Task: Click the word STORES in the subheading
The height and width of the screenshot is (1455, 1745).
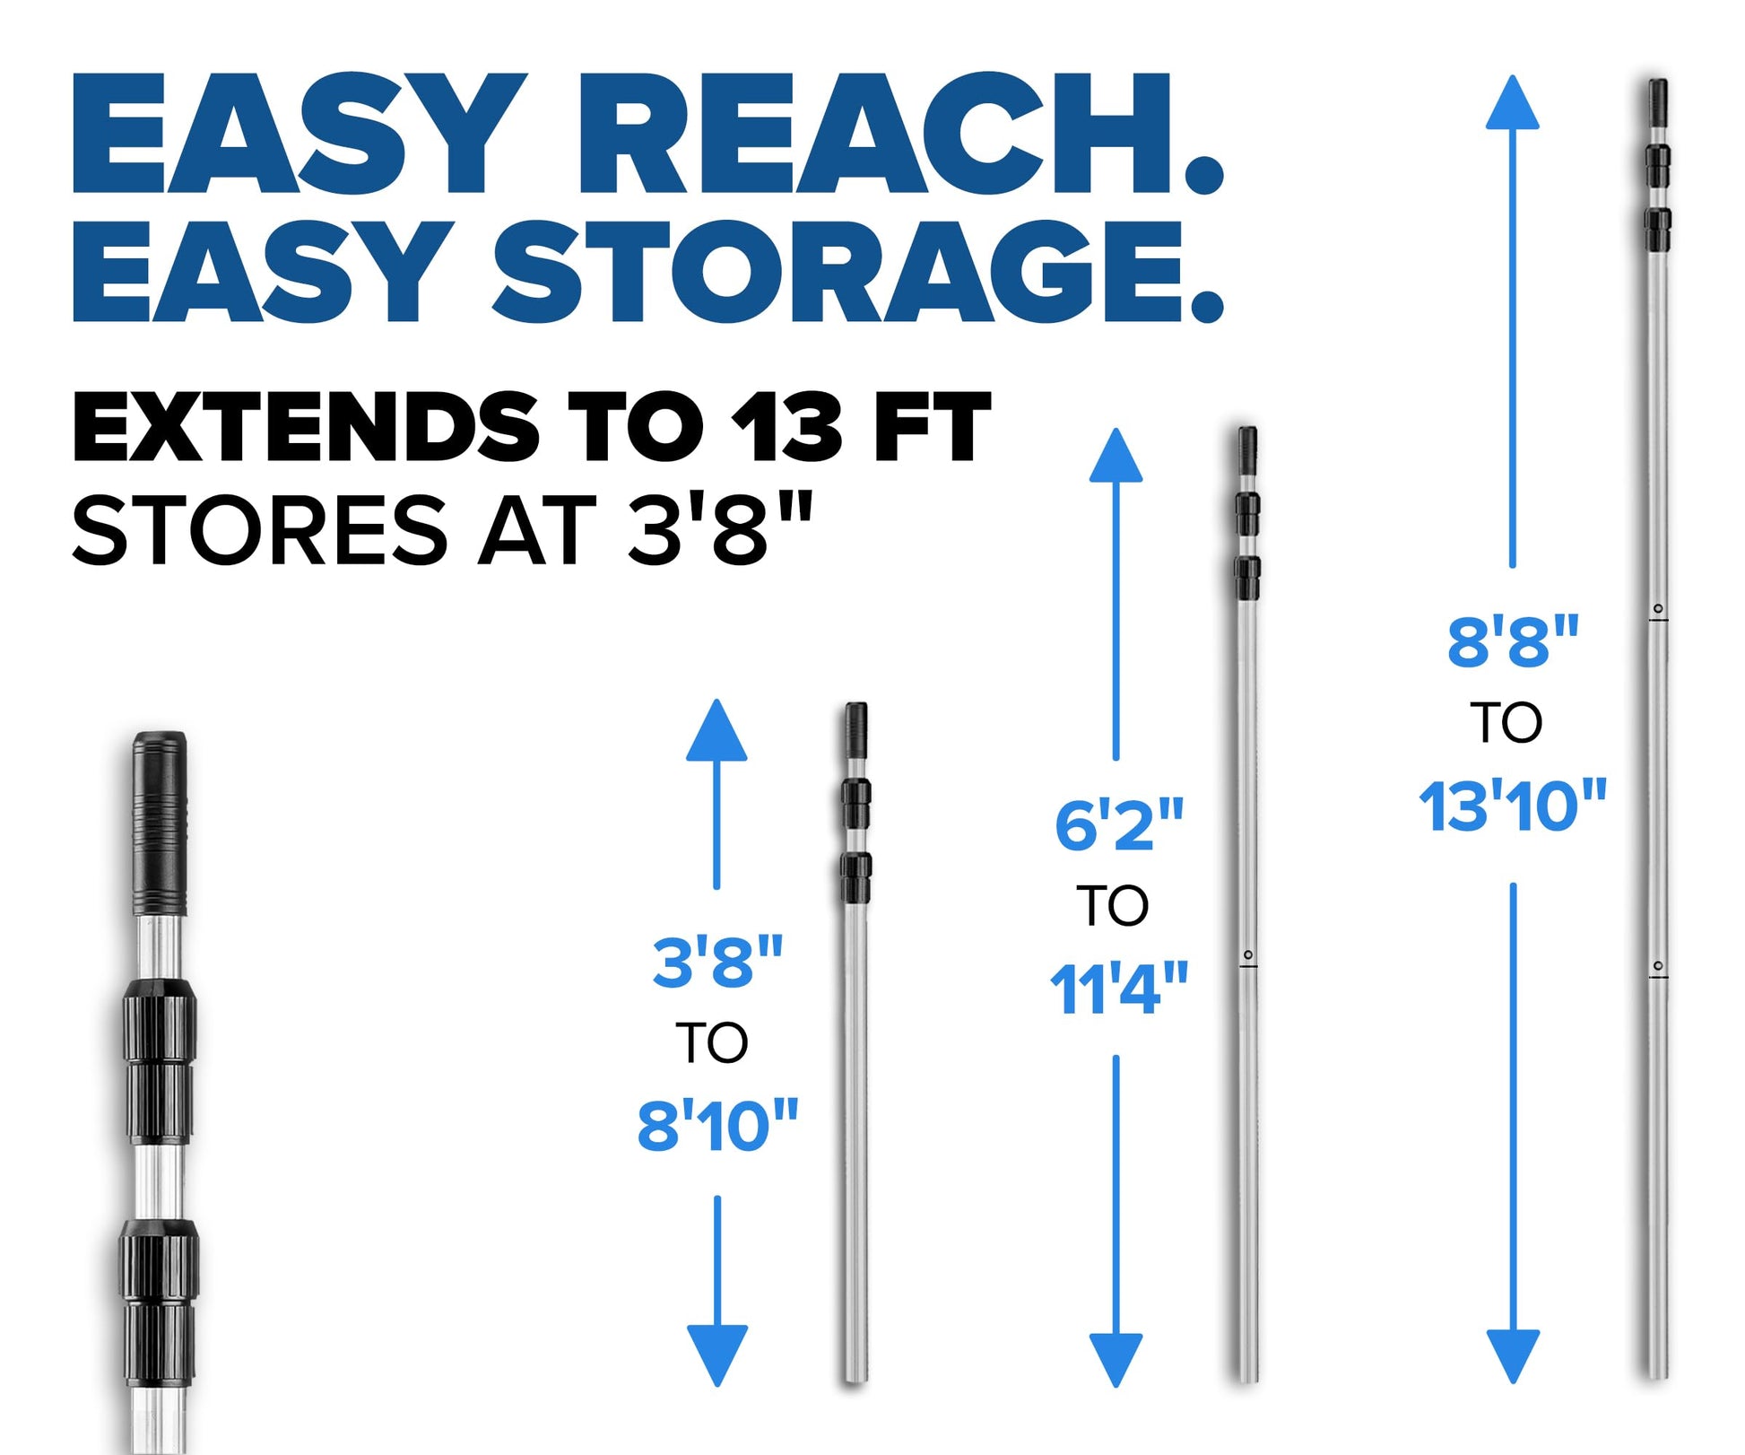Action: pyautogui.click(x=260, y=530)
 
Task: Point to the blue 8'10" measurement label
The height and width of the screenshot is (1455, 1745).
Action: pyautogui.click(x=717, y=1127)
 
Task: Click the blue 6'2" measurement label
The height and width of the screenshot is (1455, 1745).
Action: pyautogui.click(x=1118, y=825)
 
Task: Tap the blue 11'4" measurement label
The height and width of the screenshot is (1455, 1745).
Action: pyautogui.click(x=1118, y=989)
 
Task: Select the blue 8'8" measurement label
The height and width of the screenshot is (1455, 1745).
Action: pyautogui.click(x=1513, y=641)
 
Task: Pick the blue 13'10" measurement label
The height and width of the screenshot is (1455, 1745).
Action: pyautogui.click(x=1513, y=806)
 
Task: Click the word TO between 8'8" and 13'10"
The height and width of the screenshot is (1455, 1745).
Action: pyautogui.click(x=1506, y=723)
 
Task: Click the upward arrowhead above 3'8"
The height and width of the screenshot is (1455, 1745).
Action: pyautogui.click(x=716, y=731)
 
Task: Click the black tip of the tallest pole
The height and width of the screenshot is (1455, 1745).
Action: pyautogui.click(x=1657, y=103)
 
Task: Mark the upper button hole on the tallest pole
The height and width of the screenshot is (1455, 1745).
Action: pyautogui.click(x=1658, y=609)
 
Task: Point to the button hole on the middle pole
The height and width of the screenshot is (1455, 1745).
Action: pyautogui.click(x=1247, y=954)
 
